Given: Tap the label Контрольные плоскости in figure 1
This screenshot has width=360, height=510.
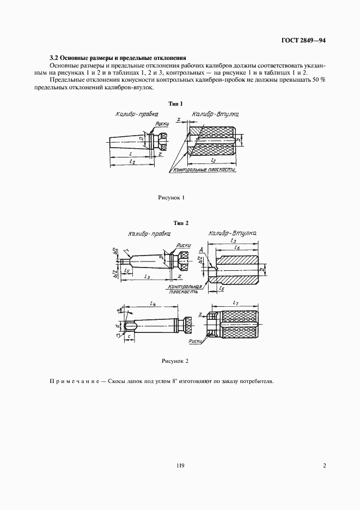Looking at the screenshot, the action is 204,171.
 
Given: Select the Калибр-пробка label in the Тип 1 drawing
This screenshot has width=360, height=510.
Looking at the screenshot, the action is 136,115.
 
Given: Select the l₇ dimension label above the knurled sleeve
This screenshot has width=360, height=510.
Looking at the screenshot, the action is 235,302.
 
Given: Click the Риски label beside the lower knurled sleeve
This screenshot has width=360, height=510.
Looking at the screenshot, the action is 195,342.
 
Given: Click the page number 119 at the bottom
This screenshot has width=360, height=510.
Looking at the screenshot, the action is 180,465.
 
